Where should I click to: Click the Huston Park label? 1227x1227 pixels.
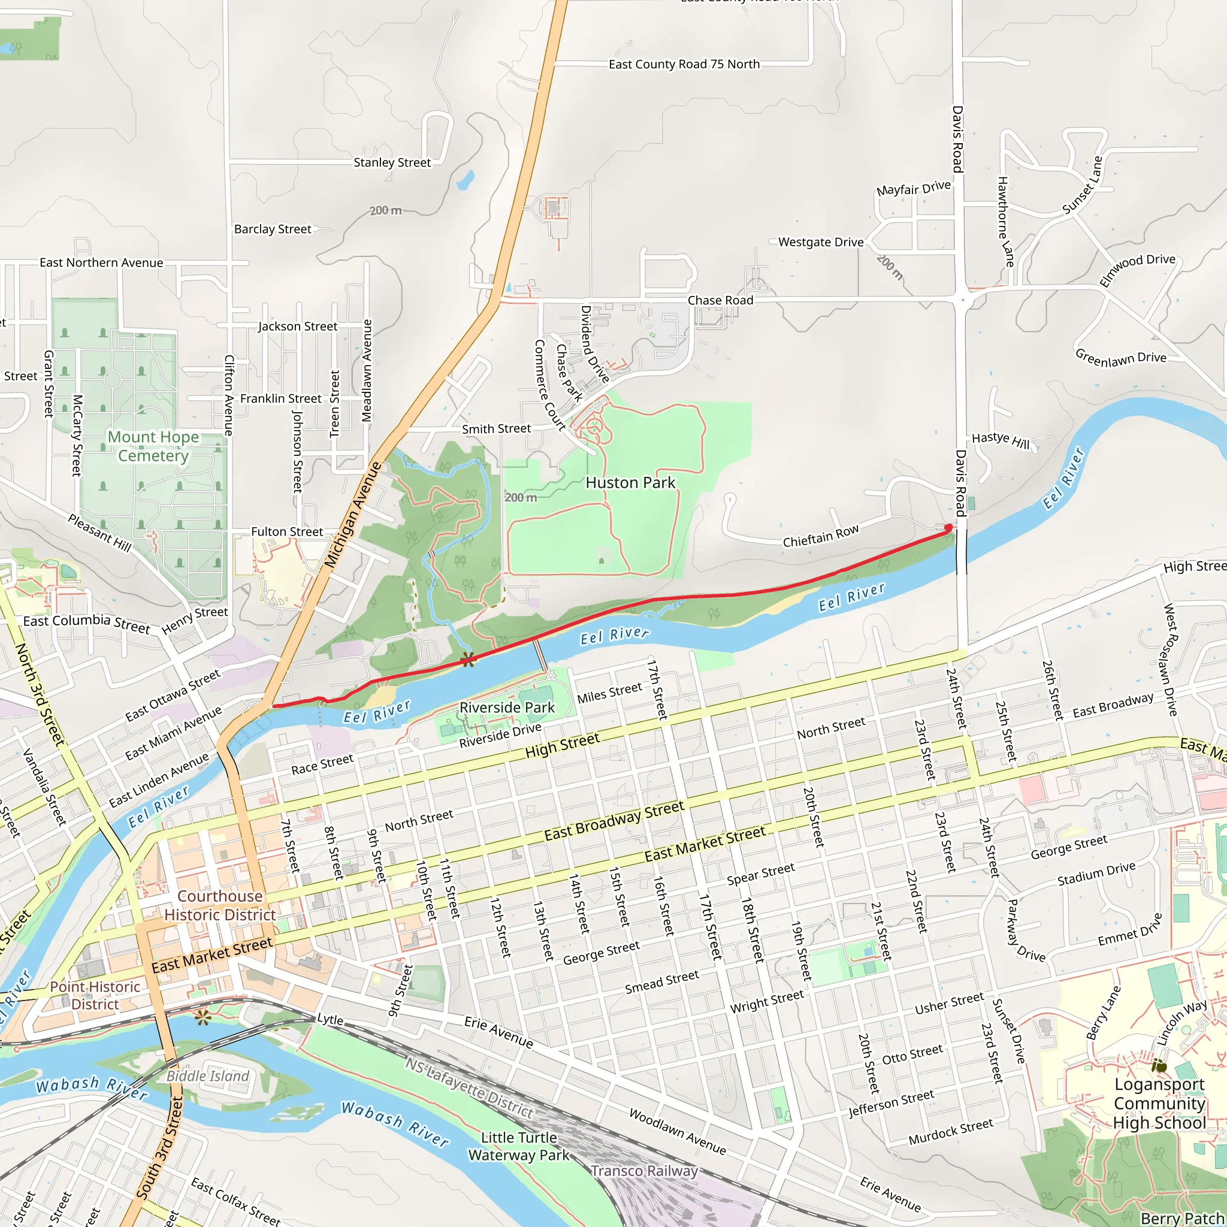pos(630,483)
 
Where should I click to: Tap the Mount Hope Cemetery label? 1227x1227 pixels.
pos(153,446)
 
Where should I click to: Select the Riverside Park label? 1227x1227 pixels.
pos(507,707)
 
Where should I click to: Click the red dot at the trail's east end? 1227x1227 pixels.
pos(948,528)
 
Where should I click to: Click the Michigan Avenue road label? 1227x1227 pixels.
pos(352,515)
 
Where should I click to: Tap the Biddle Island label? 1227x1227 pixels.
pos(208,1076)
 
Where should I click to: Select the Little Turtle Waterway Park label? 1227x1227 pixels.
pos(519,1146)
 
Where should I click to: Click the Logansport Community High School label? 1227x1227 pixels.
pos(1159,1103)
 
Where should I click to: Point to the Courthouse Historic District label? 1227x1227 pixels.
pos(220,905)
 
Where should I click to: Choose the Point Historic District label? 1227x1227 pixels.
pos(95,995)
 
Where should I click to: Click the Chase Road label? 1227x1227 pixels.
pos(720,300)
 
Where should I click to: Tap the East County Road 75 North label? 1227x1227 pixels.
pos(684,64)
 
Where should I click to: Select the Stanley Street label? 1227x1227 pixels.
pos(392,162)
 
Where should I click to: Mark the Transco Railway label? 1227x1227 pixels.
pos(644,1171)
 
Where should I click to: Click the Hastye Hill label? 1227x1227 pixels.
pos(1001,440)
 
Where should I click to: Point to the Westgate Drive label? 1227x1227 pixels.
pos(821,242)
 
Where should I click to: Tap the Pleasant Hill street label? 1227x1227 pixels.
pos(99,532)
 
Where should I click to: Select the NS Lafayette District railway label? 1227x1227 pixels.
pos(469,1087)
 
